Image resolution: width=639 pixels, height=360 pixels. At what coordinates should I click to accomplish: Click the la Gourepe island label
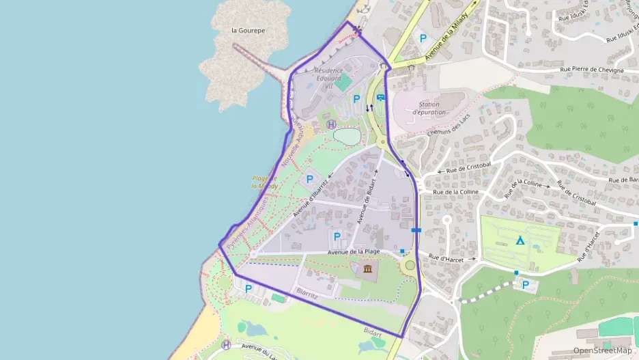click(248, 31)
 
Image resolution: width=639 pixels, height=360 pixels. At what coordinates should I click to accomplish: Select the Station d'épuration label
click(429, 108)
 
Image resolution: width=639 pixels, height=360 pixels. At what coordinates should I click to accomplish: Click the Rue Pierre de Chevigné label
click(592, 70)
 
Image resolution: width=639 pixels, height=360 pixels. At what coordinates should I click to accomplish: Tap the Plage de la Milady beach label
click(264, 182)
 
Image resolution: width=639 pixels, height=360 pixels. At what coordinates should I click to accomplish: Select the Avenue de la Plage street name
click(354, 251)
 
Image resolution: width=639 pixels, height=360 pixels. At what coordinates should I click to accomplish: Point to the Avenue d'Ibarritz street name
click(311, 195)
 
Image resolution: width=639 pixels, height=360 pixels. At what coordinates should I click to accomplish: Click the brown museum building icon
click(368, 269)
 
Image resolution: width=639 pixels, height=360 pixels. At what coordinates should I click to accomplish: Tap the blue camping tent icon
click(520, 240)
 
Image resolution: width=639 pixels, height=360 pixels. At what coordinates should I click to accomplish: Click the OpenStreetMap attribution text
click(602, 350)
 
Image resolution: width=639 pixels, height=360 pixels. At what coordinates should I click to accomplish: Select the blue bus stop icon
click(380, 97)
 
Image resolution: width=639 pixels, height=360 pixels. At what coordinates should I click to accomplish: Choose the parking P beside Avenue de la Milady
click(423, 39)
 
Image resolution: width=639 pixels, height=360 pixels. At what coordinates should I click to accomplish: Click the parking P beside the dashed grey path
click(525, 285)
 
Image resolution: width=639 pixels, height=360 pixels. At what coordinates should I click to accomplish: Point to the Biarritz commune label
click(307, 293)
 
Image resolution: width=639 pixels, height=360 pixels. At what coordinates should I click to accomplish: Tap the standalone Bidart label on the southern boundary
click(373, 332)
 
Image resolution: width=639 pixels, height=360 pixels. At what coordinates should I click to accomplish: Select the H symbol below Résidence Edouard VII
click(332, 124)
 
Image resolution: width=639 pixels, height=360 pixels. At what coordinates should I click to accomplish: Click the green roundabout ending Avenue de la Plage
click(410, 265)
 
